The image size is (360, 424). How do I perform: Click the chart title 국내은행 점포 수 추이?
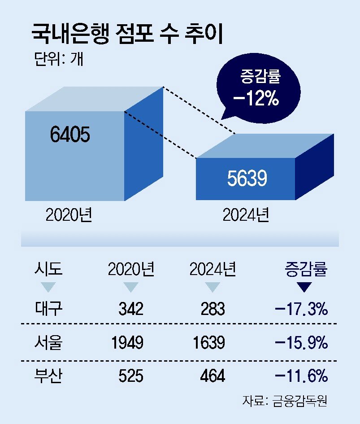(127, 35)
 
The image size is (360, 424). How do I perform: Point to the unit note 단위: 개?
(58, 59)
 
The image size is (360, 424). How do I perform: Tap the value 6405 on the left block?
(70, 135)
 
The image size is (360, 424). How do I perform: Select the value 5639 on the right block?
(247, 179)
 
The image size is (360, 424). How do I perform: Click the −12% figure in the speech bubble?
(256, 99)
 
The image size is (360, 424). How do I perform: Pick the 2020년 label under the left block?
(69, 215)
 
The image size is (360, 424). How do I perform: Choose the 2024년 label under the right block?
(246, 215)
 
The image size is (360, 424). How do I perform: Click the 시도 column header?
(48, 270)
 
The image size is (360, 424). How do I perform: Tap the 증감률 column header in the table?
(307, 270)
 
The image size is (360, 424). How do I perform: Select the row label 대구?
(48, 309)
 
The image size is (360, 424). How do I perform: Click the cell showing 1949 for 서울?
(127, 343)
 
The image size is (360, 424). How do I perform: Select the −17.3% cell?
(301, 309)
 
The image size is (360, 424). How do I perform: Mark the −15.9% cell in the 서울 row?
(301, 343)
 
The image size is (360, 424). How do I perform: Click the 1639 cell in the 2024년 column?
(208, 343)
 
